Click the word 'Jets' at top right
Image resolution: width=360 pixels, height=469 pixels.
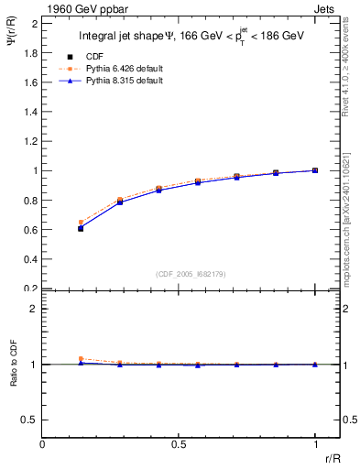325,8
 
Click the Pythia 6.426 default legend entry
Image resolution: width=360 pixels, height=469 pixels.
119,69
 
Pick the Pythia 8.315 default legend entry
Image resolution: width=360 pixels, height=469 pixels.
119,81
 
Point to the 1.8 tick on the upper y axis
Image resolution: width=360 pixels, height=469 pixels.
31,52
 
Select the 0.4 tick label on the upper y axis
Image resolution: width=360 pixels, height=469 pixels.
31,259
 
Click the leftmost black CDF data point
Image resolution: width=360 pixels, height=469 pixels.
81,228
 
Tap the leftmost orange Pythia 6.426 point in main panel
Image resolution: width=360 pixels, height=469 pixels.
81,222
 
